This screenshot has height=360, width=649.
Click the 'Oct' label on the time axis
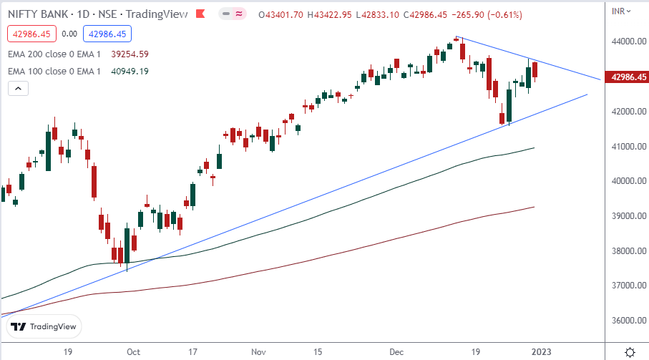pyautogui.click(x=132, y=352)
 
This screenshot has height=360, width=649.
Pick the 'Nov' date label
pyautogui.click(x=260, y=352)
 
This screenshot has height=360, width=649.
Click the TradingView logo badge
pyautogui.click(x=44, y=326)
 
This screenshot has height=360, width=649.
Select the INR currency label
pyautogui.click(x=620, y=10)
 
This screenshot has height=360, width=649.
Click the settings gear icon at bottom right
pyautogui.click(x=630, y=352)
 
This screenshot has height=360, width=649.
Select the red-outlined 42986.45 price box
pyautogui.click(x=29, y=33)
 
